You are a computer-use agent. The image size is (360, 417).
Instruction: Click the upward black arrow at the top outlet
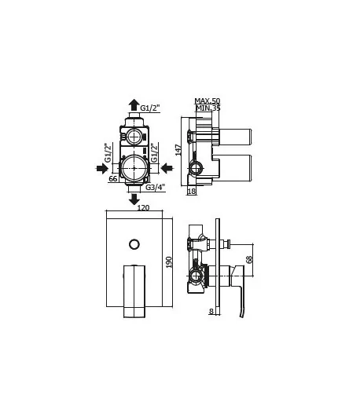point(134,104)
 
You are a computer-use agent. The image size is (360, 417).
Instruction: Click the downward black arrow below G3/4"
point(134,199)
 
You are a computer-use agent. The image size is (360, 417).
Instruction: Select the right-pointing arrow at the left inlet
point(102,168)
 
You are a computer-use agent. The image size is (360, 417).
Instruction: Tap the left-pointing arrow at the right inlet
point(167,168)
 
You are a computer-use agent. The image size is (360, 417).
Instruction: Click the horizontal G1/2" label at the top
point(150,108)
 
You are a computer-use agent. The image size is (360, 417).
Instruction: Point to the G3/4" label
point(156,187)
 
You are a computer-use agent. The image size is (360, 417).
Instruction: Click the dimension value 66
point(113,179)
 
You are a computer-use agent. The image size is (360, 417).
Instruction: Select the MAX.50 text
point(208,101)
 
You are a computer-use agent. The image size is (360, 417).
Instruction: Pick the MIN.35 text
point(208,108)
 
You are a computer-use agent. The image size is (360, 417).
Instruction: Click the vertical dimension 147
point(178,150)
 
